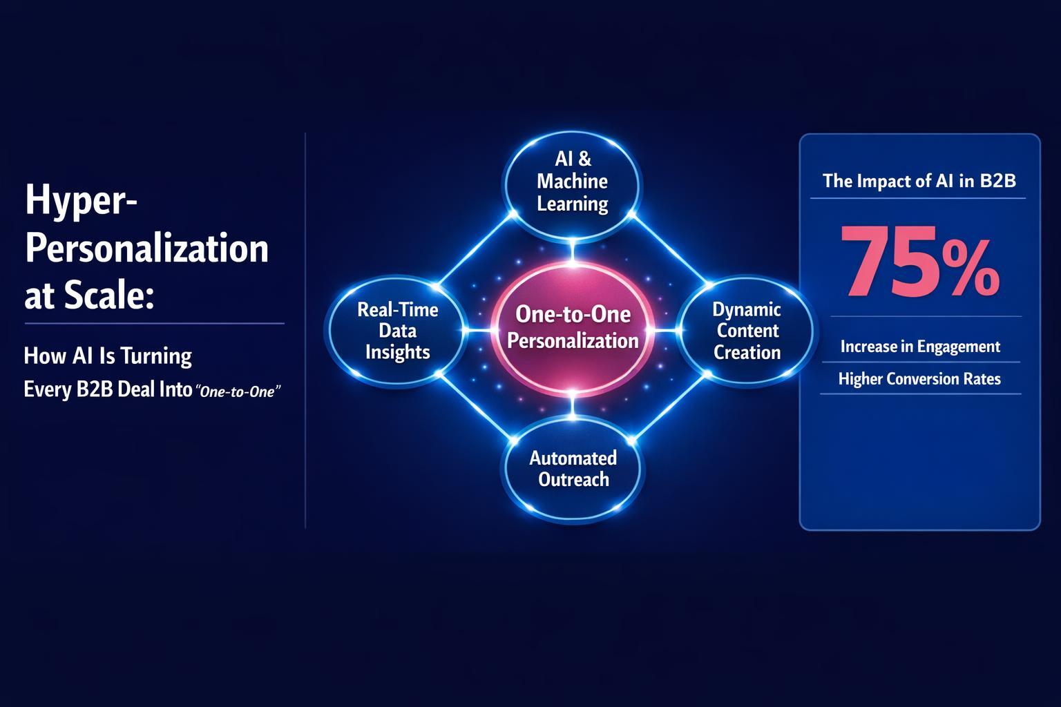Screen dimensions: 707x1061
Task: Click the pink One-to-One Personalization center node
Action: [573, 329]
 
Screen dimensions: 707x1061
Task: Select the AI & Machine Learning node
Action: [572, 182]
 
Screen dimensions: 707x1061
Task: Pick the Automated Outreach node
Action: [573, 468]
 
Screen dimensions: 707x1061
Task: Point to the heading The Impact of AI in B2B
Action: [919, 181]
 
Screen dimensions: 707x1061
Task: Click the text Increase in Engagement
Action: [919, 346]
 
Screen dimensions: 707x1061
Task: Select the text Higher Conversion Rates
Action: [919, 378]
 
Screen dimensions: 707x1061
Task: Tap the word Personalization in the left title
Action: [146, 249]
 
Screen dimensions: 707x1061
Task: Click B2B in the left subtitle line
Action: [86, 389]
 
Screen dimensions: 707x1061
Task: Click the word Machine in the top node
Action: [572, 182]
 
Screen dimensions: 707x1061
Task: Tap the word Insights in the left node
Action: [397, 352]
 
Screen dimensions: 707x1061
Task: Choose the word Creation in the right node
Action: [747, 352]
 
